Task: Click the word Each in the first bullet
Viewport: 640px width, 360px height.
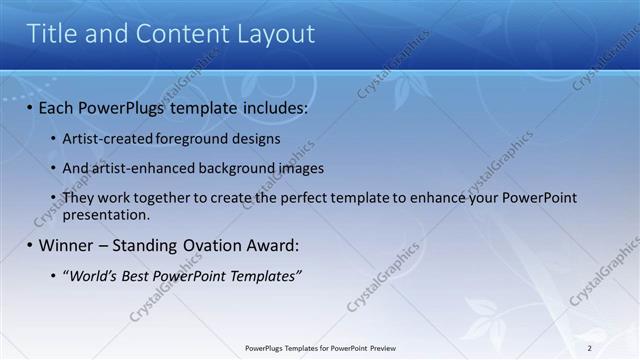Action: (x=57, y=106)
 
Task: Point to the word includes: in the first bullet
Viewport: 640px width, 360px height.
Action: (x=273, y=106)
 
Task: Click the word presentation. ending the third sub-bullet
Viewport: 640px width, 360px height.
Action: (x=106, y=214)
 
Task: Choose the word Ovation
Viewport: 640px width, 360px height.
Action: (x=226, y=245)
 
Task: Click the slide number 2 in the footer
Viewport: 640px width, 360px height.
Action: (x=589, y=348)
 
